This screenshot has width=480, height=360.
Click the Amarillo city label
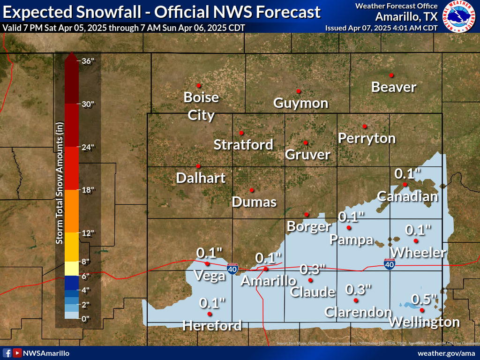[269, 281]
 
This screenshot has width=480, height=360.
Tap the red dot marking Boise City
[199, 85]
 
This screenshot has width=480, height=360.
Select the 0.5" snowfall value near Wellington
[424, 299]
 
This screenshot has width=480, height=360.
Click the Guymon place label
[300, 103]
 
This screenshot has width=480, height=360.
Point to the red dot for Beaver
[391, 75]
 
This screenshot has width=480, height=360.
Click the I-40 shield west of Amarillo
[232, 269]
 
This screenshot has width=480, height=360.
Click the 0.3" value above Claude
[313, 269]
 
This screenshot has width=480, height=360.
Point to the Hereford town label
[212, 325]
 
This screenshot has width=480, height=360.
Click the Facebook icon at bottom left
[7, 353]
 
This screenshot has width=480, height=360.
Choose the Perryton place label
[367, 138]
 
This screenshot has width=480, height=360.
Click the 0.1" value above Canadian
[407, 173]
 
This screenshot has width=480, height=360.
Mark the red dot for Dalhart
[198, 166]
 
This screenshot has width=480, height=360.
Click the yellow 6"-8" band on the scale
[71, 269]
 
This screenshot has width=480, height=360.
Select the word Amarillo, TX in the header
[406, 16]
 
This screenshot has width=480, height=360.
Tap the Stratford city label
[243, 144]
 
